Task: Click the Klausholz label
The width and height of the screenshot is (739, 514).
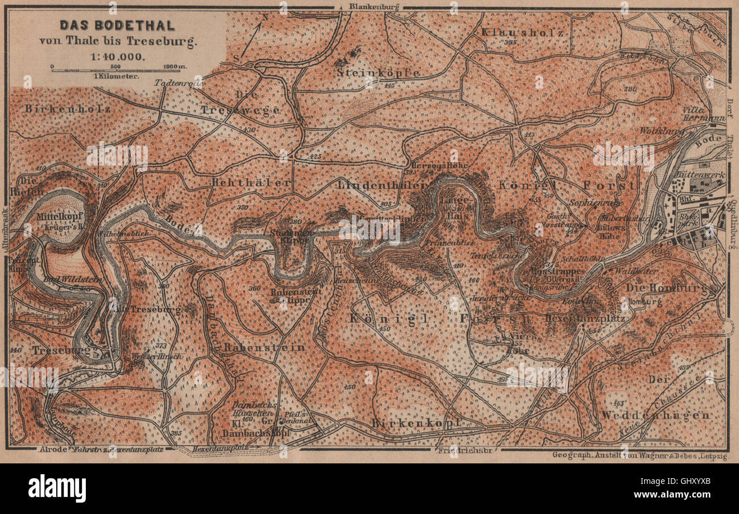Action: (522, 33)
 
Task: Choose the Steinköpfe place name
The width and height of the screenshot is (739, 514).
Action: (377, 73)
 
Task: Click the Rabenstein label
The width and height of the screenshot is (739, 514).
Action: (256, 347)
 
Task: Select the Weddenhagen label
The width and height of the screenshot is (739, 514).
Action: (656, 415)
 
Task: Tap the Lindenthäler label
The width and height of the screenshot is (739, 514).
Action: (381, 184)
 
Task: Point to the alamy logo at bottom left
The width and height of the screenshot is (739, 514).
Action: (57, 488)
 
